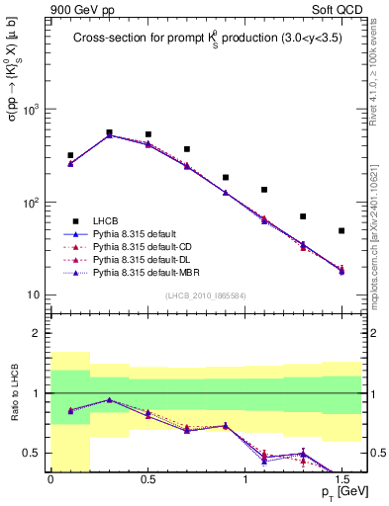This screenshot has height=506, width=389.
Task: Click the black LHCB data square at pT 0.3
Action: click(x=109, y=132)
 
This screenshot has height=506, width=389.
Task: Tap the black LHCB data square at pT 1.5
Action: click(x=341, y=230)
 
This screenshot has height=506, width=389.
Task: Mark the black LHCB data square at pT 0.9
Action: click(x=226, y=178)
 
